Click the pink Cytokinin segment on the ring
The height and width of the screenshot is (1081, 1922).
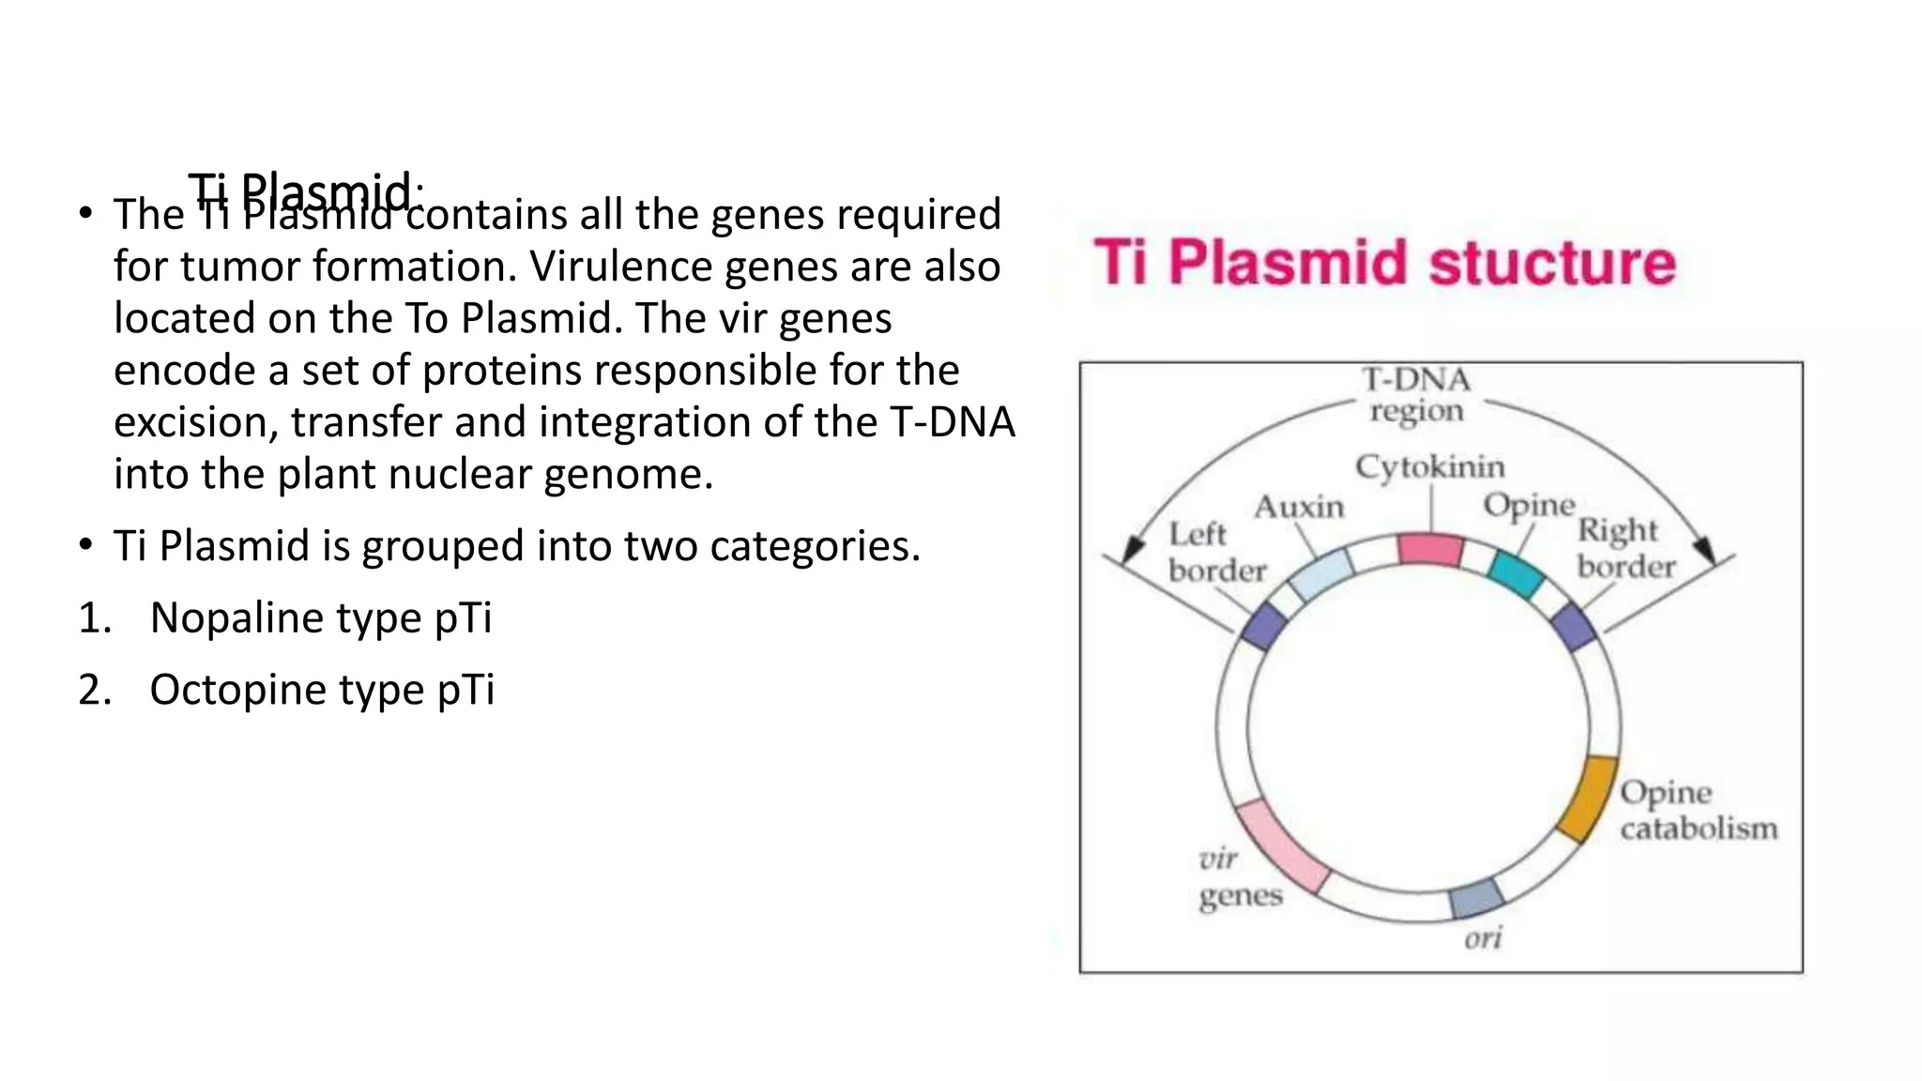[1430, 549]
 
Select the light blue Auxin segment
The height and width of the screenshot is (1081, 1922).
[1321, 574]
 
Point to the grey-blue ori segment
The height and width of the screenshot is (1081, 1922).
[1477, 898]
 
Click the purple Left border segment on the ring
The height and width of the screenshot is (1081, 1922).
[1263, 627]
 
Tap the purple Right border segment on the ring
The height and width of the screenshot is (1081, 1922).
[1574, 627]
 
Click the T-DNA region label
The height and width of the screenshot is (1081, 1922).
[1416, 395]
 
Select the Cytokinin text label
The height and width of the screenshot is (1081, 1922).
[1429, 467]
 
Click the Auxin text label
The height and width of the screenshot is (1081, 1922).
[1299, 508]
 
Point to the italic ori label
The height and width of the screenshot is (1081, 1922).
[1483, 937]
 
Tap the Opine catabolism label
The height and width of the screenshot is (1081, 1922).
[1698, 811]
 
